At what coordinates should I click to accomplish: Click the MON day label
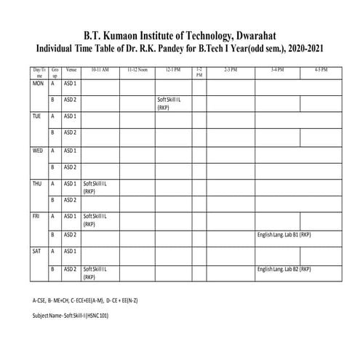click(x=39, y=84)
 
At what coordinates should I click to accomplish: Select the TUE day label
click(x=37, y=116)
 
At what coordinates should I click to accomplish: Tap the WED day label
click(x=38, y=151)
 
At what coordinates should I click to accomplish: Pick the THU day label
click(x=38, y=183)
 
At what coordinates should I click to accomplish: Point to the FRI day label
click(x=36, y=217)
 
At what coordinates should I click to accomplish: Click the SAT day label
click(x=37, y=251)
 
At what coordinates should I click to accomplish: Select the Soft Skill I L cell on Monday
click(x=169, y=103)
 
